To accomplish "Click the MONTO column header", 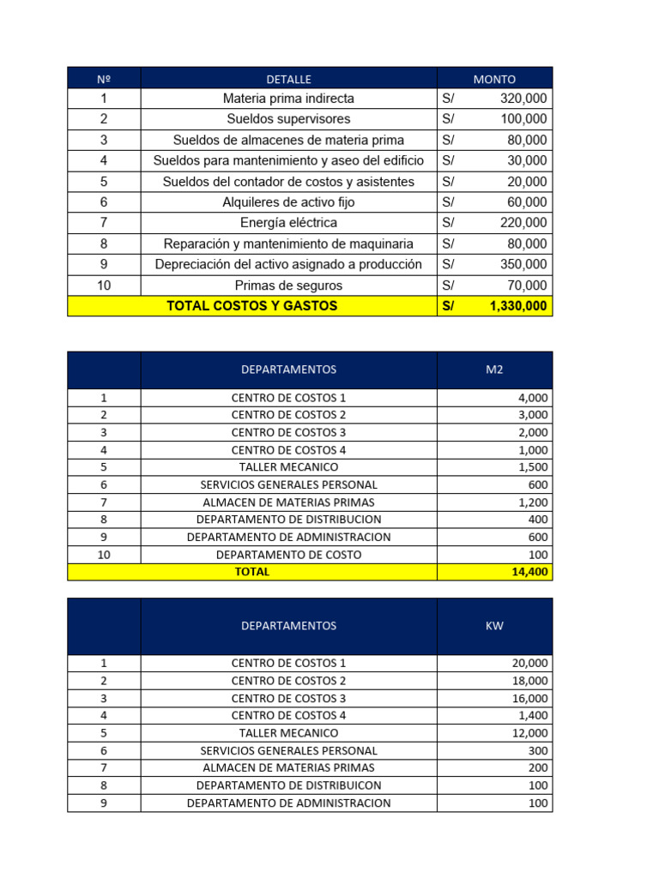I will pyautogui.click(x=494, y=79).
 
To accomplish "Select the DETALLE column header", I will pyautogui.click(x=288, y=79).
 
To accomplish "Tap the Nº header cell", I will pyautogui.click(x=104, y=79).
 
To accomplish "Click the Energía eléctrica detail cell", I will pyautogui.click(x=288, y=223).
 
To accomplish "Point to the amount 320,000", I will pyautogui.click(x=523, y=99).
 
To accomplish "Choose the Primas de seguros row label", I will pyautogui.click(x=288, y=286).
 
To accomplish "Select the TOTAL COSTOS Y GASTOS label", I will pyautogui.click(x=251, y=306).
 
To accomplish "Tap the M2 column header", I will pyautogui.click(x=494, y=370).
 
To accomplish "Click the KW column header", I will pyautogui.click(x=494, y=626).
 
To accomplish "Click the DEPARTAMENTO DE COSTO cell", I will pyautogui.click(x=288, y=555).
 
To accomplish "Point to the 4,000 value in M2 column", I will pyautogui.click(x=534, y=398).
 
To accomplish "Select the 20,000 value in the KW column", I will pyautogui.click(x=530, y=663).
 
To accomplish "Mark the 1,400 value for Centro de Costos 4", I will pyautogui.click(x=534, y=715).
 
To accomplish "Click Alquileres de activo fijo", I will pyautogui.click(x=288, y=202).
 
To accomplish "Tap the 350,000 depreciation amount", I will pyautogui.click(x=523, y=265).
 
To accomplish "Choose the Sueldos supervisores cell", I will pyautogui.click(x=288, y=119).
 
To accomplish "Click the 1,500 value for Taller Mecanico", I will pyautogui.click(x=534, y=467).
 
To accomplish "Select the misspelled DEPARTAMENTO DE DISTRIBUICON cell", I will pyautogui.click(x=288, y=785).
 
